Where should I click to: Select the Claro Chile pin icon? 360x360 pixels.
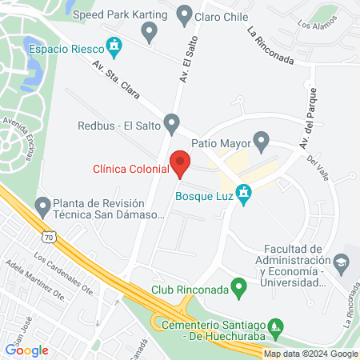coord(184,14)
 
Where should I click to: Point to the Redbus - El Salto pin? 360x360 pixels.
coord(171,124)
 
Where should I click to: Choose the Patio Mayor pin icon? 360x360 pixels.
coord(261,143)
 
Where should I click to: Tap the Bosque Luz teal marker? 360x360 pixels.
coord(245,194)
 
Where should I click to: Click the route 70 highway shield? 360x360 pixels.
coord(51,238)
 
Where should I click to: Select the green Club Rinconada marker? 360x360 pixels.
coord(238,286)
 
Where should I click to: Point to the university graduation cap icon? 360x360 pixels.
coord(342,262)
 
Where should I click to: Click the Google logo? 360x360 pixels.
coord(27,350)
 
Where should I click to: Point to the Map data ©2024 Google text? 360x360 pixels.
coord(310,354)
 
